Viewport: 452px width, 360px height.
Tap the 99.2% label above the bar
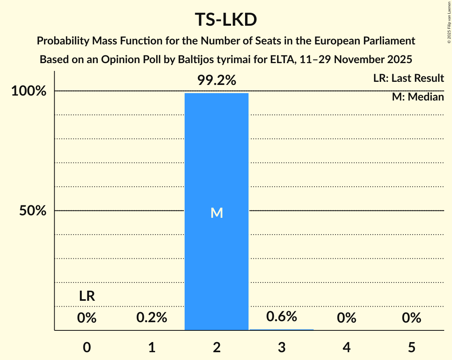(x=217, y=80)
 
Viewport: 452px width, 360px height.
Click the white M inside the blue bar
(x=217, y=213)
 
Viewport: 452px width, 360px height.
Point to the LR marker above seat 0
(x=87, y=296)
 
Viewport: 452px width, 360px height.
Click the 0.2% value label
(x=152, y=318)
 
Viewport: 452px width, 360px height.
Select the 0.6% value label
(x=281, y=316)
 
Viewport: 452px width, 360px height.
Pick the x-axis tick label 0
(x=87, y=347)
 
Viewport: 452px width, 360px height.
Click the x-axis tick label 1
(x=152, y=347)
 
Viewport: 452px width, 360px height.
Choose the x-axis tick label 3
(x=281, y=347)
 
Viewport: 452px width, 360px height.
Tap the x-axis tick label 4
(x=346, y=347)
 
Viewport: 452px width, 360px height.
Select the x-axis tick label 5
(x=411, y=347)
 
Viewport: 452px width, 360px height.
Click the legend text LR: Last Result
(x=408, y=78)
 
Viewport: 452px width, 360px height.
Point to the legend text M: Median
(x=418, y=97)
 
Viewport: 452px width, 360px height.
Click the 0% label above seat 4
(x=346, y=318)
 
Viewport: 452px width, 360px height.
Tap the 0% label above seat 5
(x=411, y=318)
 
